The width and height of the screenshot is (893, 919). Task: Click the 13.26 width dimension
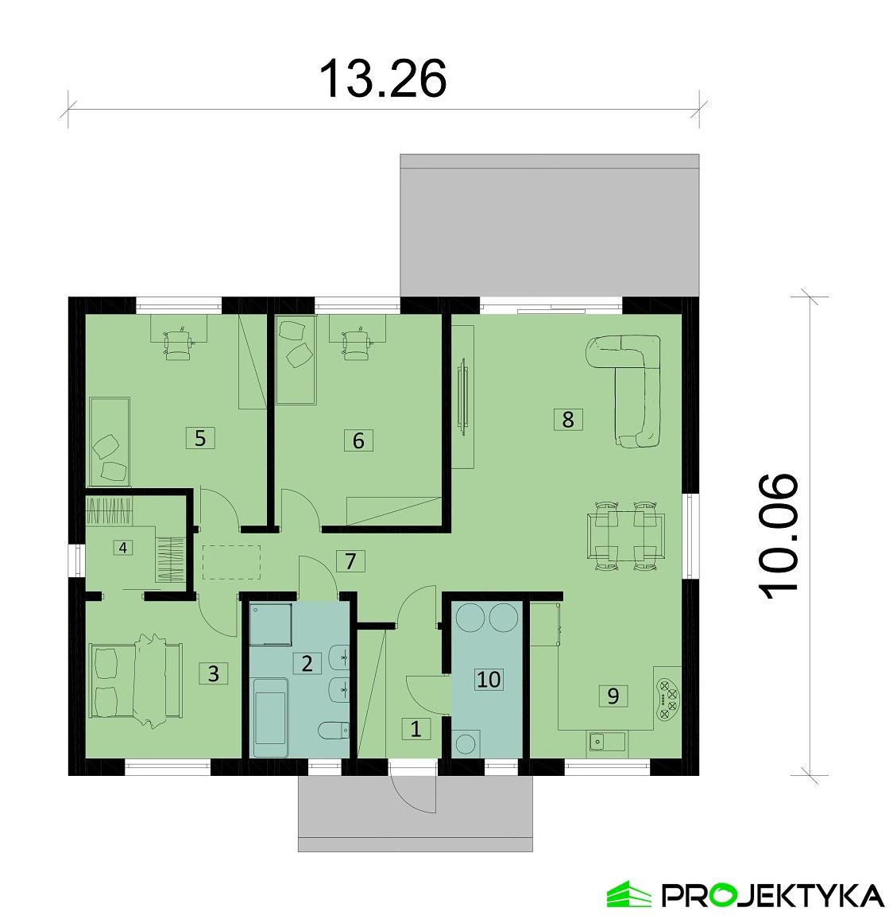tap(382, 78)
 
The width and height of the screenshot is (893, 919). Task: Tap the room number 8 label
tap(567, 419)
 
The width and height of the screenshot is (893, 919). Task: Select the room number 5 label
tap(199, 437)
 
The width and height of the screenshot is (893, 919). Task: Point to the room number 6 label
tap(358, 440)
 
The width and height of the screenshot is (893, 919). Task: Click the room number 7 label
tap(350, 560)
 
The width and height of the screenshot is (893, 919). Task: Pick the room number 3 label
tap(212, 673)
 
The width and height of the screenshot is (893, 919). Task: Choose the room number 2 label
tap(306, 663)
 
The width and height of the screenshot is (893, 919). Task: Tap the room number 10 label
tap(489, 679)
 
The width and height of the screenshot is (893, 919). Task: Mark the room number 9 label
tap(612, 695)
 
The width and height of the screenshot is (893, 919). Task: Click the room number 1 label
tap(416, 728)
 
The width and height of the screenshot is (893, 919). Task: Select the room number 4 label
tap(122, 547)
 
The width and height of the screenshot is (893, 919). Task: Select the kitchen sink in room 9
tap(606, 743)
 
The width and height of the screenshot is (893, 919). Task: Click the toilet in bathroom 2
tap(332, 730)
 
